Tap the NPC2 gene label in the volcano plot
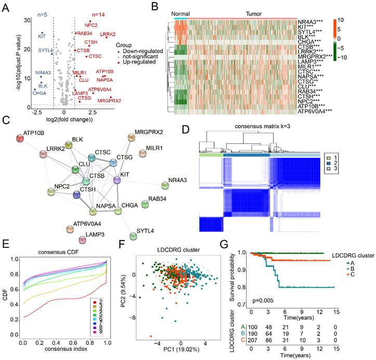tap(92, 25)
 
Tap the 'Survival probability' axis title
tap(232, 277)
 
